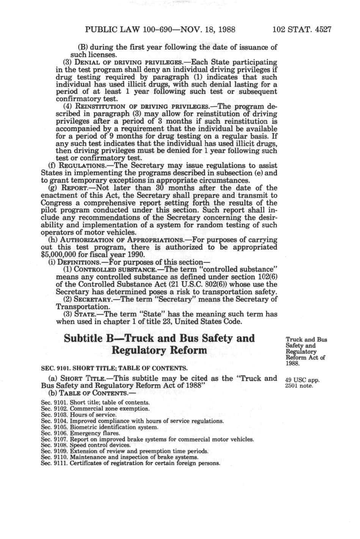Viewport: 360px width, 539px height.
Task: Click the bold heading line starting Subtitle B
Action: click(x=159, y=338)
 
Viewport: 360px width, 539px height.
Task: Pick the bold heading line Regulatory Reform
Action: click(x=159, y=350)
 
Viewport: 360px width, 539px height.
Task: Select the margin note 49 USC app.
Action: click(x=302, y=380)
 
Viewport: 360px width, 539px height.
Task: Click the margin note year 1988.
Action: click(x=293, y=364)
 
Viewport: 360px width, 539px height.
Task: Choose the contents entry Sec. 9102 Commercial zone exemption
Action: click(x=95, y=408)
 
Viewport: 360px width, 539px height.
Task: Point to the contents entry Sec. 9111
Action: click(x=130, y=463)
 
